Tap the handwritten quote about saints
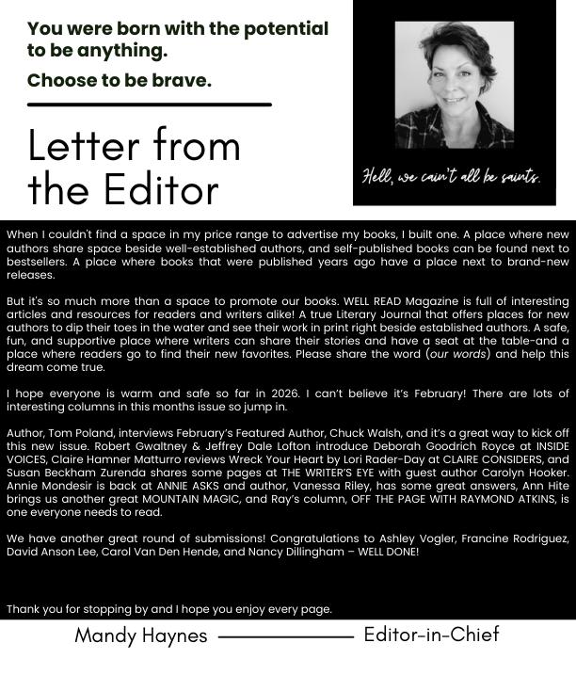tap(451, 177)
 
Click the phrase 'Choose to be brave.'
tap(120, 80)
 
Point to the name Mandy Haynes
tap(141, 635)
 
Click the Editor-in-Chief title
tap(431, 635)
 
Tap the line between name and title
tap(285, 636)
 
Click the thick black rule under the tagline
tap(149, 104)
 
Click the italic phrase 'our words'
tap(460, 354)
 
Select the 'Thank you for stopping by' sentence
tap(169, 609)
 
